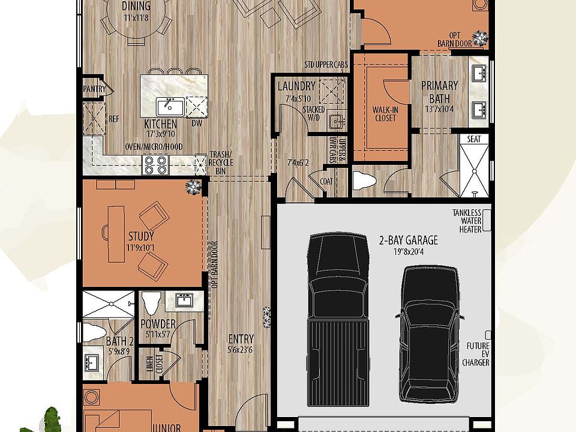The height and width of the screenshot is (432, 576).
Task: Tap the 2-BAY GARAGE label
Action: (x=408, y=241)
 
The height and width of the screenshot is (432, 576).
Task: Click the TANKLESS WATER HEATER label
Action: (x=470, y=221)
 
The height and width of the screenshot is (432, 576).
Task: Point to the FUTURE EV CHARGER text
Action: (x=478, y=354)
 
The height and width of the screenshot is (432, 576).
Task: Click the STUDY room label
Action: (x=141, y=236)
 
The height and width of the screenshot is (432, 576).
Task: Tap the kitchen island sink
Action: (x=170, y=107)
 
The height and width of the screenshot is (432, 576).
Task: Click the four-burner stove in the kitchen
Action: (x=155, y=164)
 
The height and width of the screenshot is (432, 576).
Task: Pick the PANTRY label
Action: (x=94, y=89)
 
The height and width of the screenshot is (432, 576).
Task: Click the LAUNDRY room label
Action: (x=296, y=86)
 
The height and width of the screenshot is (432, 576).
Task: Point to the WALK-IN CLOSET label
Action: (x=385, y=114)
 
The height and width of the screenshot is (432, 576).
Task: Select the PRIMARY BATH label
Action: (x=439, y=92)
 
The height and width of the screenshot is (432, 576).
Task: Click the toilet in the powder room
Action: (x=150, y=304)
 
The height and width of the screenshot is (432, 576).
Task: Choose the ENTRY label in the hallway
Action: (x=241, y=338)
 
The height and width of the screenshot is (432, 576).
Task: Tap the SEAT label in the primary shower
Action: (x=474, y=139)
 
